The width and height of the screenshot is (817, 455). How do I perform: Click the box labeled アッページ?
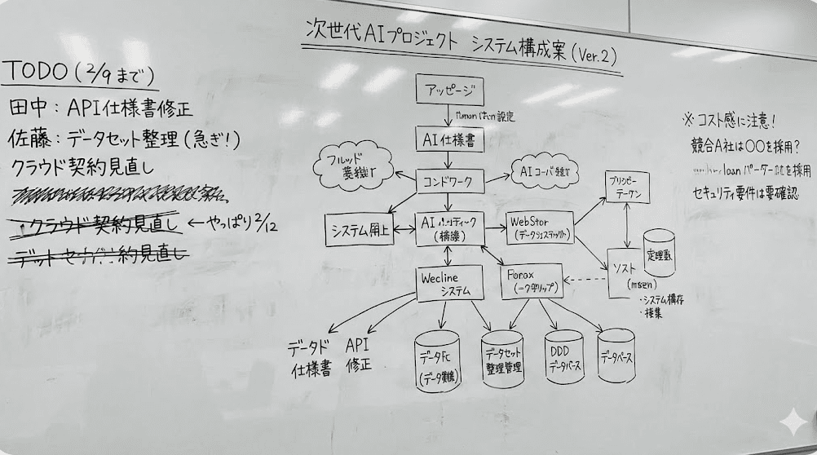[449, 90]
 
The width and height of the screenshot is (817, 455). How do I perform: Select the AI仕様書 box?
[449, 139]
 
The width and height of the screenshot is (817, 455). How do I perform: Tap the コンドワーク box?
[450, 180]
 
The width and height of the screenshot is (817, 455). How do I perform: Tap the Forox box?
[531, 281]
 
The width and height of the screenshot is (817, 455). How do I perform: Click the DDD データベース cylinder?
[564, 358]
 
